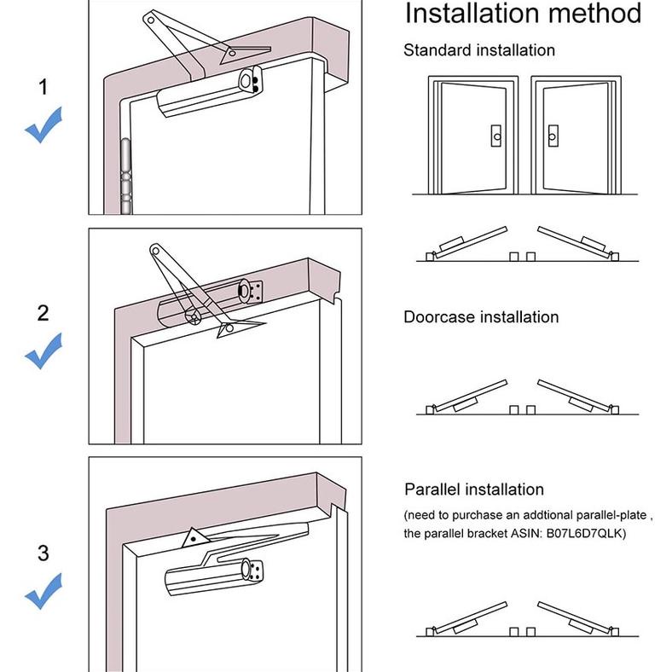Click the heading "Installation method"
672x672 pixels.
click(x=522, y=14)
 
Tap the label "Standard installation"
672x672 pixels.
click(x=478, y=50)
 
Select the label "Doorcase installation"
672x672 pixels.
click(x=481, y=317)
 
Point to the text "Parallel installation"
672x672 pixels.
click(x=473, y=490)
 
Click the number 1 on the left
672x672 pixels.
click(x=43, y=87)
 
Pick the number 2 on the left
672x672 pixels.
click(x=43, y=313)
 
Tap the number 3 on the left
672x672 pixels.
click(x=43, y=553)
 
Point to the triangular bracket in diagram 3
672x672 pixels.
click(x=196, y=537)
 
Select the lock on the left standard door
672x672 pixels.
click(x=494, y=135)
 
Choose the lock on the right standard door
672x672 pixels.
click(x=553, y=135)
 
